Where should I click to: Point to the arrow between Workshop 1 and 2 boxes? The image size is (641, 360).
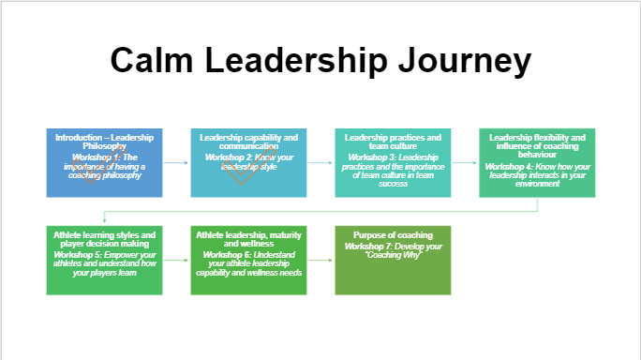coord(176,162)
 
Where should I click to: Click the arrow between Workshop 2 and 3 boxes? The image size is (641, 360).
coord(320,162)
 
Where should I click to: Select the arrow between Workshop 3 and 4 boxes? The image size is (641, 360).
coord(465,162)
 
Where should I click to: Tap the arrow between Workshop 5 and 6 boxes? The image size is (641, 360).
coord(176,260)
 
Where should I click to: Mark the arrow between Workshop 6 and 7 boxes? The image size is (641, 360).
coord(320,260)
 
